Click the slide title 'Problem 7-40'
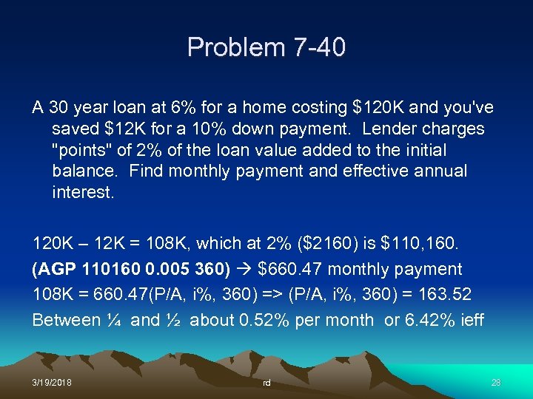[266, 47]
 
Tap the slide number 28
[496, 382]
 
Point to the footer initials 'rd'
[266, 383]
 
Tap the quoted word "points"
[84, 150]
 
